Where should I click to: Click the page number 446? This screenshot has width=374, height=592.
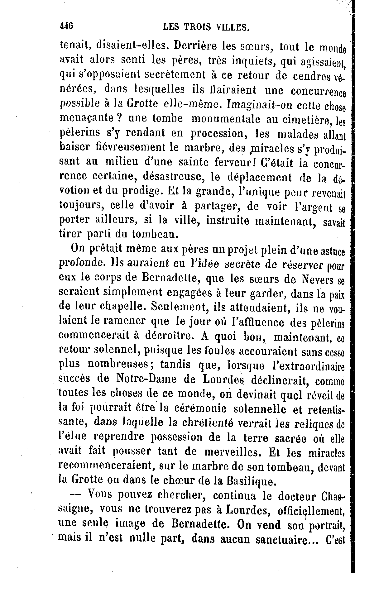pos(66,26)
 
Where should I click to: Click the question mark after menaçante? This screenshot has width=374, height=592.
pos(118,118)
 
